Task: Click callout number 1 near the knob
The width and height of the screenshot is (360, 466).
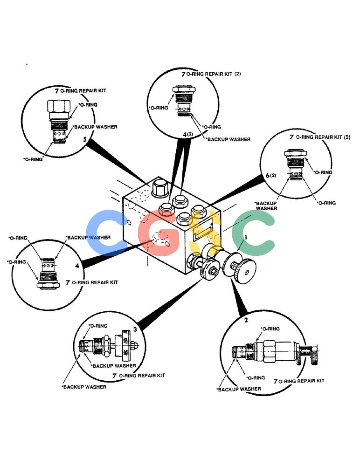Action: coord(246,237)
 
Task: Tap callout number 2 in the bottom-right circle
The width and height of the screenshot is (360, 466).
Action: coord(246,320)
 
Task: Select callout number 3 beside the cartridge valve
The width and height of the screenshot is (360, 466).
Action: coord(135,329)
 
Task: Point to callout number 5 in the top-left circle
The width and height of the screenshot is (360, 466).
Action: coord(85,139)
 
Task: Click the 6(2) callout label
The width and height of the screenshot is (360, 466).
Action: coord(271,175)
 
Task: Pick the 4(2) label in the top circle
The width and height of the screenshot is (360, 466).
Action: coord(188,134)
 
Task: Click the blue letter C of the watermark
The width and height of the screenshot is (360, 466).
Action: coord(108,233)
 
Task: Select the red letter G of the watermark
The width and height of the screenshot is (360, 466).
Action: coord(159,233)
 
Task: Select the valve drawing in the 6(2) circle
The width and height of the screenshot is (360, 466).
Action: coord(296,165)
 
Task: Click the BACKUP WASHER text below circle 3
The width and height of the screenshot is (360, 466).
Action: coord(84,387)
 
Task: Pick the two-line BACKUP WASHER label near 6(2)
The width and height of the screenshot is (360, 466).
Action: coord(266,206)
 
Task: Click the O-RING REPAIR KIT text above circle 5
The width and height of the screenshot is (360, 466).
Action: coord(81,90)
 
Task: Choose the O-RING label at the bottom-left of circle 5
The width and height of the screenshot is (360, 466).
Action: coord(33,159)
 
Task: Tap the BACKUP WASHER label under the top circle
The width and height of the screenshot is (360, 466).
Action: coord(228,139)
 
